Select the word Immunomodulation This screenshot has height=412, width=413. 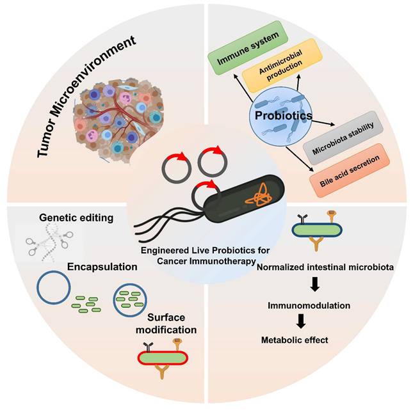tap(309, 306)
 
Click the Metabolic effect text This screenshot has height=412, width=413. tap(300, 339)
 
